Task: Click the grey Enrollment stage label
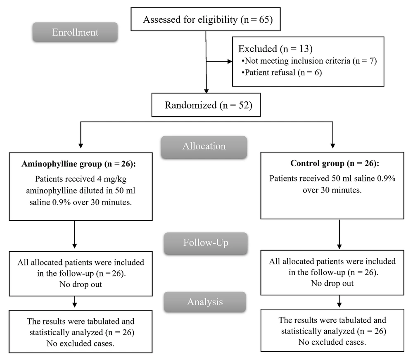[75, 32]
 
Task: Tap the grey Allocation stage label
[204, 147]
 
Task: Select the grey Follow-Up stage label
[206, 243]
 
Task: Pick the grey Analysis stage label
[205, 302]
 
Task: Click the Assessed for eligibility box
[206, 19]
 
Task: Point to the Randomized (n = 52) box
[206, 105]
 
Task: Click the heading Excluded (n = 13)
[275, 49]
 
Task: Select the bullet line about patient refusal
[282, 72]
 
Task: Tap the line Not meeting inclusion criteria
[309, 61]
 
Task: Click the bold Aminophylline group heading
[79, 164]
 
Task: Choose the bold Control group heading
[335, 163]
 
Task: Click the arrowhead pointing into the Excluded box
[230, 62]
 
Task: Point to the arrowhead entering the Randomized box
[206, 91]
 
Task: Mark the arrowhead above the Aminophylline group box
[81, 146]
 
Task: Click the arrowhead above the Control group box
[332, 146]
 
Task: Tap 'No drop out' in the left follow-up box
[81, 284]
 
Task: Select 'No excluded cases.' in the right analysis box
[332, 342]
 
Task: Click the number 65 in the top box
[264, 19]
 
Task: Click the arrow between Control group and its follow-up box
[339, 234]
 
